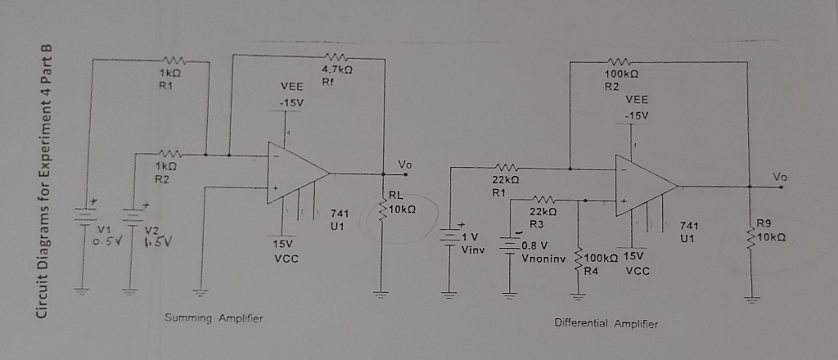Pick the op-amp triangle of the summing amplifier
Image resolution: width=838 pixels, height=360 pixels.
pos(296,173)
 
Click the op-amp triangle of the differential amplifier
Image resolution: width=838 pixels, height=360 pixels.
pos(644,188)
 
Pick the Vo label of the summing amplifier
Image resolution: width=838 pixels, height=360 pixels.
pos(404,165)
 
